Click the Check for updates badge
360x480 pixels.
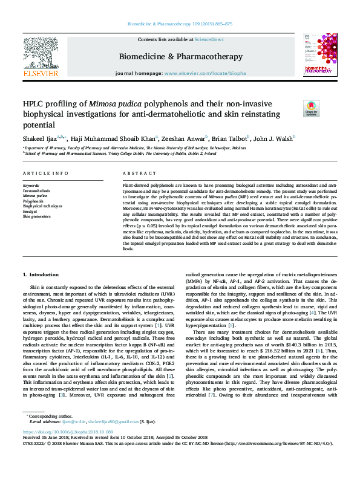tap(295, 108)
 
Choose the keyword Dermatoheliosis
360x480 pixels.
tap(37, 190)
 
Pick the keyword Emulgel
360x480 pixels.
tap(30, 212)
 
